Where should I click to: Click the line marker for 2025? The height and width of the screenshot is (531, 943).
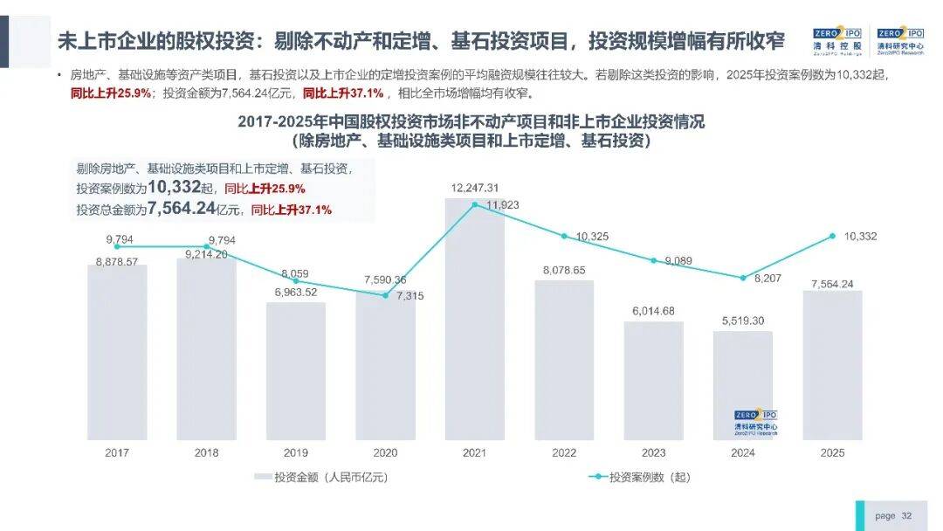click(x=833, y=237)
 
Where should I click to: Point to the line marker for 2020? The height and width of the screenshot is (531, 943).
click(x=385, y=295)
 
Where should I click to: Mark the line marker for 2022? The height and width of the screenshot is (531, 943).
click(x=564, y=237)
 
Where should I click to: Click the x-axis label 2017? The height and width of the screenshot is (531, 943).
click(x=117, y=452)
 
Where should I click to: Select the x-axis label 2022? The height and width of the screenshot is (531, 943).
click(x=564, y=452)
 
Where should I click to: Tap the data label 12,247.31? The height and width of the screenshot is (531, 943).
click(x=475, y=188)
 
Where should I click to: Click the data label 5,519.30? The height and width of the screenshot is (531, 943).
click(x=743, y=321)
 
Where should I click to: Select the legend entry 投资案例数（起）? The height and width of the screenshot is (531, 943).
click(x=642, y=477)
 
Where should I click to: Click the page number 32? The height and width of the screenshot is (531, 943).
click(x=906, y=515)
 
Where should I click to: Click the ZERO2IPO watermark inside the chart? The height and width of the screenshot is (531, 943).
click(x=755, y=422)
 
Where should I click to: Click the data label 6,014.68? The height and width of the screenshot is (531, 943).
click(x=653, y=311)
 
